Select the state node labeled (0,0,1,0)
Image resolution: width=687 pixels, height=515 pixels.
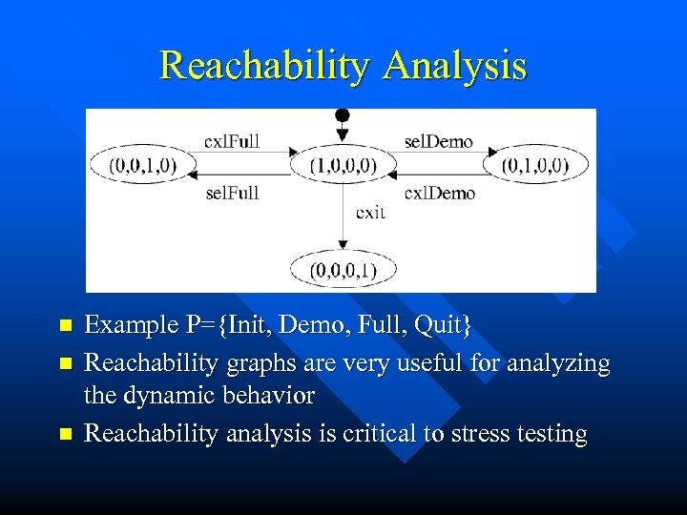142,165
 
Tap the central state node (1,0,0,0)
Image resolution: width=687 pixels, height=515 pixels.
343,165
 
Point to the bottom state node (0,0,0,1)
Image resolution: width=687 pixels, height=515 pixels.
343,270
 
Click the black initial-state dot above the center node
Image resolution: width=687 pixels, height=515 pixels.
343,115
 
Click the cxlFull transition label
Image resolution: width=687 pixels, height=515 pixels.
232,142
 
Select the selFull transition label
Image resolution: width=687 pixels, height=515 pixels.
232,193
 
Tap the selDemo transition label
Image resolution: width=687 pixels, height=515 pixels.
438,142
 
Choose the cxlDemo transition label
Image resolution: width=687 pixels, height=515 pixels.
439,193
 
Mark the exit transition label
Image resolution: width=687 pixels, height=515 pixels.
370,212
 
